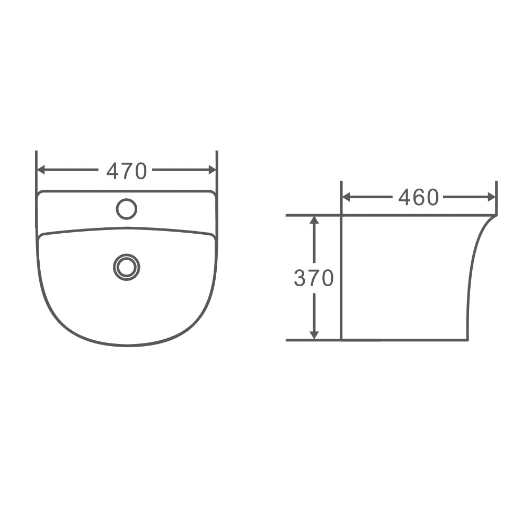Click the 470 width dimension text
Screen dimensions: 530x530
pyautogui.click(x=126, y=171)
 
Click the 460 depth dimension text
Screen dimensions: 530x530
pyautogui.click(x=419, y=198)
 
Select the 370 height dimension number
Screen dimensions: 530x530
pyautogui.click(x=314, y=278)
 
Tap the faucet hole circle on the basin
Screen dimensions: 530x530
pyautogui.click(x=127, y=208)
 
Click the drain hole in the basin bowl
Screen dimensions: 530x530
pyautogui.click(x=127, y=267)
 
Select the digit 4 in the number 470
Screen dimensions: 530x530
pyautogui.click(x=112, y=171)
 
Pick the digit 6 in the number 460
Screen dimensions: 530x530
pyautogui.click(x=419, y=198)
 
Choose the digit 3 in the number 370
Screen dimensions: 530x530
pyautogui.click(x=300, y=278)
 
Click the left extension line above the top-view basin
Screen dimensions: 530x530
pyautogui.click(x=36, y=159)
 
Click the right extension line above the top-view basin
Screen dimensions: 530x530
pyautogui.click(x=217, y=159)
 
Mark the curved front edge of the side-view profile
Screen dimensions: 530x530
pyautogui.click(x=470, y=276)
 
